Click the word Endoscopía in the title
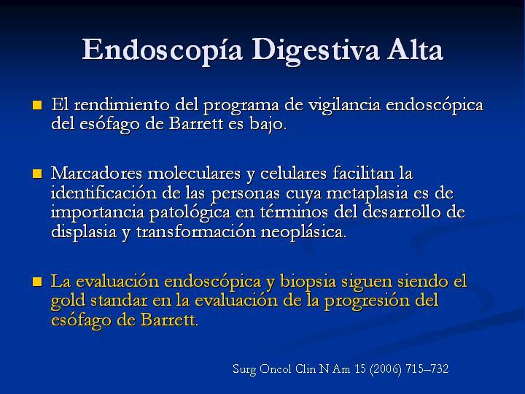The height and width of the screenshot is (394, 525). [x=162, y=50]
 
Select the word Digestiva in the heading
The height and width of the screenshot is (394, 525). [x=316, y=50]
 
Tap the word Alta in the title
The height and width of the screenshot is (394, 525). [x=415, y=49]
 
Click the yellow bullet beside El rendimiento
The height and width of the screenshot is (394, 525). [x=37, y=106]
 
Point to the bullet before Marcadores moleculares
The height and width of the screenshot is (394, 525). [x=37, y=174]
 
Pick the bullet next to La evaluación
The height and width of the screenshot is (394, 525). [x=37, y=282]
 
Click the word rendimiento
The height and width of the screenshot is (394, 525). [x=122, y=104]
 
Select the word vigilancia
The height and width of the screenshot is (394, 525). [x=344, y=106]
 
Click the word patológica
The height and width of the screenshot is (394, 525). [x=190, y=213]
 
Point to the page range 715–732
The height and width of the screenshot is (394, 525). [x=427, y=369]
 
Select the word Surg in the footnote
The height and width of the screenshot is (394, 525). [x=244, y=369]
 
